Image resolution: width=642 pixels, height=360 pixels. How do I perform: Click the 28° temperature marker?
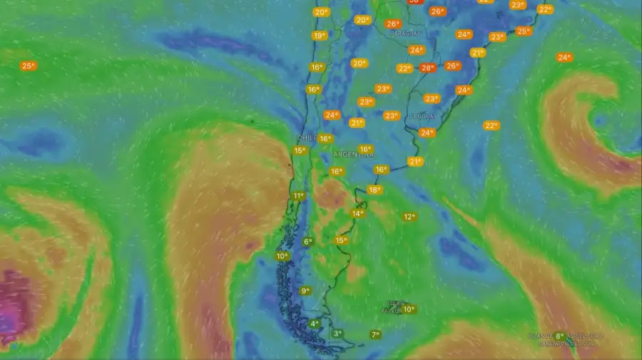427,68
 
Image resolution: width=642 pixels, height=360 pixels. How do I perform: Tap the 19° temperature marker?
319,36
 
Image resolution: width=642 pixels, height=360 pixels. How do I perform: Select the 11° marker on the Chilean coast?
299,196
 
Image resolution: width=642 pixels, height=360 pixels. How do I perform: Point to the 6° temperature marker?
308,242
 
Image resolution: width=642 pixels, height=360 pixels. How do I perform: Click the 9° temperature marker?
305,290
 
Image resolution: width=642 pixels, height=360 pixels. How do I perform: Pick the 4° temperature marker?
315,324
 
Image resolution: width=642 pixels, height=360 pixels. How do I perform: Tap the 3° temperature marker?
337,333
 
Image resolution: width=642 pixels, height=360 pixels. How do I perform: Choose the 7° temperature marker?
375,334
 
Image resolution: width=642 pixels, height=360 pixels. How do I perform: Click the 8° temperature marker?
560,336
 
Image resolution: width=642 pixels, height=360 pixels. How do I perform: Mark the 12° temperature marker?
409,217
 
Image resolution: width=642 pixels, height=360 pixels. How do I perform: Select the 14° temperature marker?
357,213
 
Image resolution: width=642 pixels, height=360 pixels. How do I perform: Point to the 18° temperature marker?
374,190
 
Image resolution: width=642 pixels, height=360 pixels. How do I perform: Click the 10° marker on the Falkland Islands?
409,309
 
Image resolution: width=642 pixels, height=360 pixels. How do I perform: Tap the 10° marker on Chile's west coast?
282,256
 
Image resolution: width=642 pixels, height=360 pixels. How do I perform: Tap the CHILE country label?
307,138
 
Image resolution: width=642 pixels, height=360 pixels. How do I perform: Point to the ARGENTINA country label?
353,154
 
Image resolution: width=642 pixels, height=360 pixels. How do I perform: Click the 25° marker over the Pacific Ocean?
28,66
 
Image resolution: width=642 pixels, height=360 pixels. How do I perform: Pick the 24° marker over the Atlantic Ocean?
564,57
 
